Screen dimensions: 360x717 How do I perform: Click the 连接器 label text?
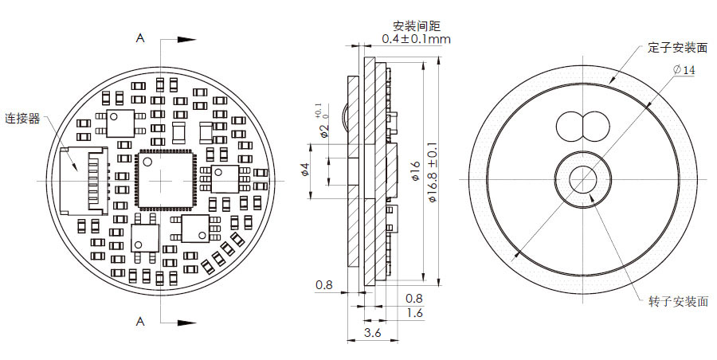tap(22, 119)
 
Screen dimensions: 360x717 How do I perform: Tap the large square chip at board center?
tap(164, 180)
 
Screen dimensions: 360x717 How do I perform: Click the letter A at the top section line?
tap(140, 37)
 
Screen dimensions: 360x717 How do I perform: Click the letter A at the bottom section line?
tap(140, 322)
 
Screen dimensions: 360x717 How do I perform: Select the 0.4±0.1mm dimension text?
tap(417, 39)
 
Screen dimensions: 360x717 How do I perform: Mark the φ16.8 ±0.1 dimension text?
tap(432, 176)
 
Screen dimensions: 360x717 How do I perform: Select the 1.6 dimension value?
tap(414, 313)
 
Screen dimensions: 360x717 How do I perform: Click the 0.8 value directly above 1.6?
tap(414, 298)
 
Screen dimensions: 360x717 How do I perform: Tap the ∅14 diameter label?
tap(684, 70)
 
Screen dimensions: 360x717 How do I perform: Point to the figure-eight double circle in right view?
tap(582, 125)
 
